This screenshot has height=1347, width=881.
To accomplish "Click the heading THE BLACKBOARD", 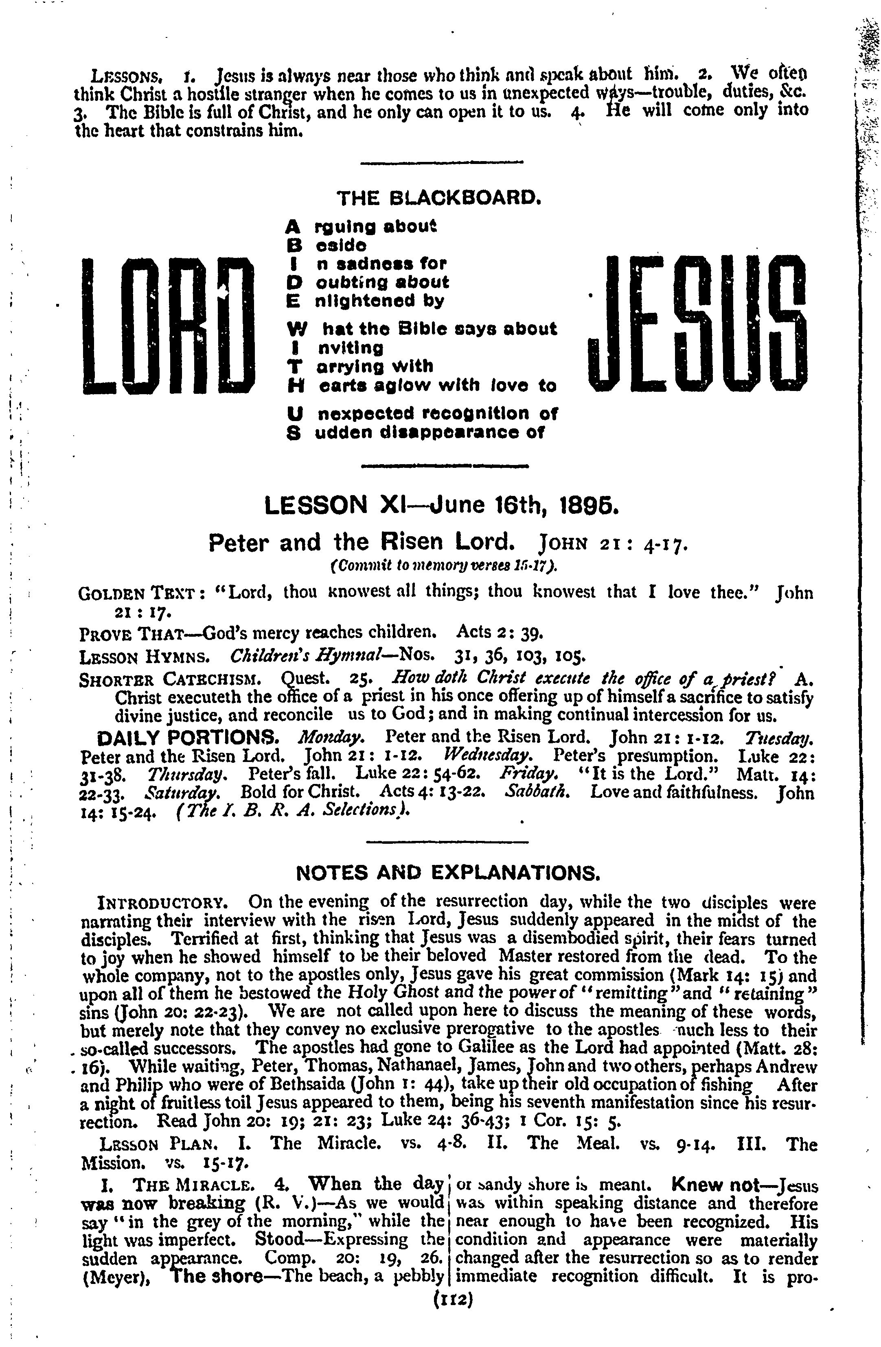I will click(439, 198).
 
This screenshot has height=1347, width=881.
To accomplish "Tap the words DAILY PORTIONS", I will click(187, 738).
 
